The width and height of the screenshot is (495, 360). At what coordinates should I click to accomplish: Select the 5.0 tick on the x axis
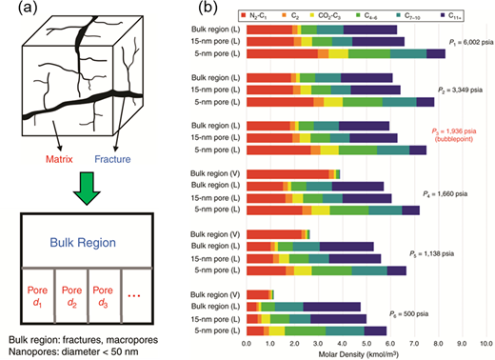click(366, 340)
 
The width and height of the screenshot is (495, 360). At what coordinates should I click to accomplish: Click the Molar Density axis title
click(366, 351)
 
